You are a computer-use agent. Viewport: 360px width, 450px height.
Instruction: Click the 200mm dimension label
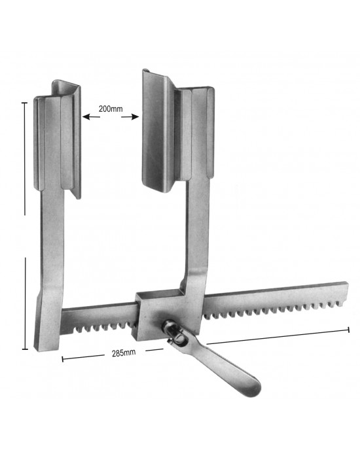pyautogui.click(x=111, y=109)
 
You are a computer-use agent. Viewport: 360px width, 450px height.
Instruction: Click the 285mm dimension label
pyautogui.click(x=124, y=353)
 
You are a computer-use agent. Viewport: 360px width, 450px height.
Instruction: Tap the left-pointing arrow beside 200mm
pyautogui.click(x=91, y=117)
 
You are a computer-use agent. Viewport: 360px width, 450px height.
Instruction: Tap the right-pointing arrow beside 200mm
pyautogui.click(x=130, y=117)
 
